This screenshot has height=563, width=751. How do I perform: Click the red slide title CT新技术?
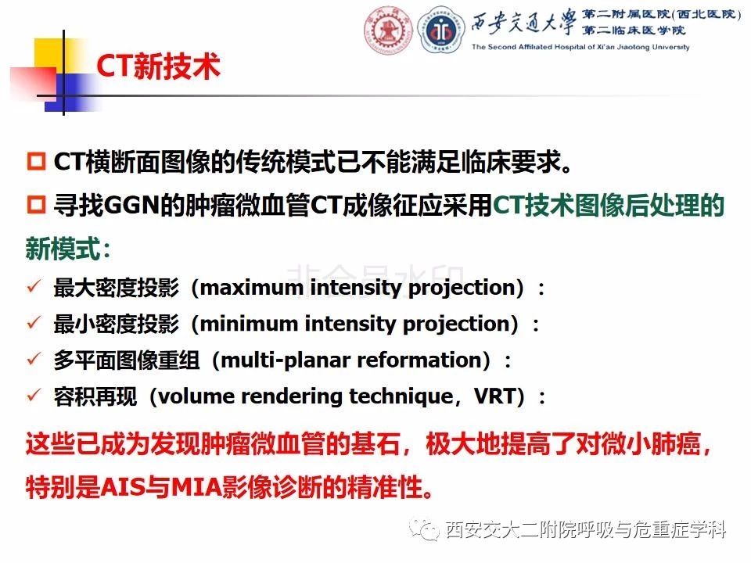[158, 66]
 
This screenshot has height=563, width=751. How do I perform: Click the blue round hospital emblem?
[440, 30]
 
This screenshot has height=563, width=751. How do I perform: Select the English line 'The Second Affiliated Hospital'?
[580, 47]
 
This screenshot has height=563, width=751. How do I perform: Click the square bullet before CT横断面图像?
[36, 161]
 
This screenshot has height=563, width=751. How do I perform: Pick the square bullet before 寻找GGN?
[36, 204]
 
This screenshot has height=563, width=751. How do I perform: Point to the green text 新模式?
[68, 249]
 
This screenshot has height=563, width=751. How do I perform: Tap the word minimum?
[249, 324]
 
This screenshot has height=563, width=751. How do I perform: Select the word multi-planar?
[286, 360]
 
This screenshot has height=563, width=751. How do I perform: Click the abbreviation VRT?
[495, 396]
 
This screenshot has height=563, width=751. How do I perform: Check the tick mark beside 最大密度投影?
[34, 286]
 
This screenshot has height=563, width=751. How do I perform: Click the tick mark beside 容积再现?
[34, 395]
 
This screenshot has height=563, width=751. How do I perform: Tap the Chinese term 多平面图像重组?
[127, 360]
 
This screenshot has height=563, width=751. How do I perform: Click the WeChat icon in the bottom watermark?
[424, 529]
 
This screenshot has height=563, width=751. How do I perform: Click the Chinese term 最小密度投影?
[117, 324]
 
